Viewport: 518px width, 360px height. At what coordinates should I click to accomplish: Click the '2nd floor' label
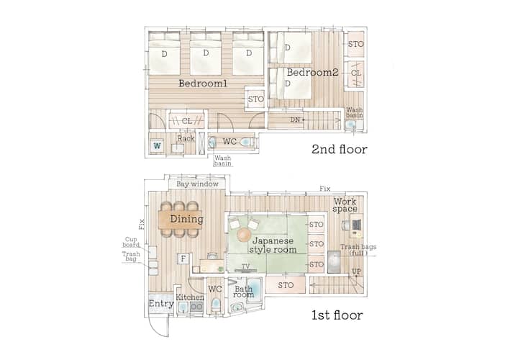pyautogui.click(x=340, y=150)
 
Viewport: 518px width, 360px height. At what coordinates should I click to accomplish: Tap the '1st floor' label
pyautogui.click(x=337, y=315)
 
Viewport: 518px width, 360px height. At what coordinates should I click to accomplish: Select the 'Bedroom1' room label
pyautogui.click(x=203, y=84)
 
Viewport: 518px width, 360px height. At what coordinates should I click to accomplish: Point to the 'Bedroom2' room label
pyautogui.click(x=312, y=72)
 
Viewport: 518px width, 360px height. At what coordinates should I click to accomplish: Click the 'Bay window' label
pyautogui.click(x=197, y=184)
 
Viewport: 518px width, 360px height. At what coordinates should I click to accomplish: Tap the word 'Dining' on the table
pyautogui.click(x=186, y=219)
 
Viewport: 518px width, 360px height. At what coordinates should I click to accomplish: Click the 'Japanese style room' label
pyautogui.click(x=273, y=246)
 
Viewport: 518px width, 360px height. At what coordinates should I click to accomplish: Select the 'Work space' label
pyautogui.click(x=345, y=205)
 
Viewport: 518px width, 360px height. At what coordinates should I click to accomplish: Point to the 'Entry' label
pyautogui.click(x=161, y=303)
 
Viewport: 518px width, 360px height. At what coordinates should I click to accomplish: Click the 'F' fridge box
pyautogui.click(x=183, y=258)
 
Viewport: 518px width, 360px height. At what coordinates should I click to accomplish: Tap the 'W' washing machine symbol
pyautogui.click(x=158, y=145)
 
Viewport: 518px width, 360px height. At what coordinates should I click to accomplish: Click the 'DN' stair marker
pyautogui.click(x=295, y=120)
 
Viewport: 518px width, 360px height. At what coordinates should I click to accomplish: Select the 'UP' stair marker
pyautogui.click(x=356, y=271)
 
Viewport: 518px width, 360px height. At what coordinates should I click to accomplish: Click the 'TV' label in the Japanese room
pyautogui.click(x=245, y=266)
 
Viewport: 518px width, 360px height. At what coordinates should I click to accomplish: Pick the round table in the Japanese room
pyautogui.click(x=245, y=235)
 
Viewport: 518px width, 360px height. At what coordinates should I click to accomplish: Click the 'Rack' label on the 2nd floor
pyautogui.click(x=186, y=138)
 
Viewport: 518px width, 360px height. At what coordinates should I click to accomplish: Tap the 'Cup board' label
pyautogui.click(x=131, y=242)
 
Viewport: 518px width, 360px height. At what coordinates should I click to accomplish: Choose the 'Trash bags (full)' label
pyautogui.click(x=358, y=250)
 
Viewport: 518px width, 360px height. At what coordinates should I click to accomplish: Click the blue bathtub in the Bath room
pyautogui.click(x=254, y=288)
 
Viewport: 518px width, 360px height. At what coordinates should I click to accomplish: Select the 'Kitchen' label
pyautogui.click(x=190, y=297)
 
